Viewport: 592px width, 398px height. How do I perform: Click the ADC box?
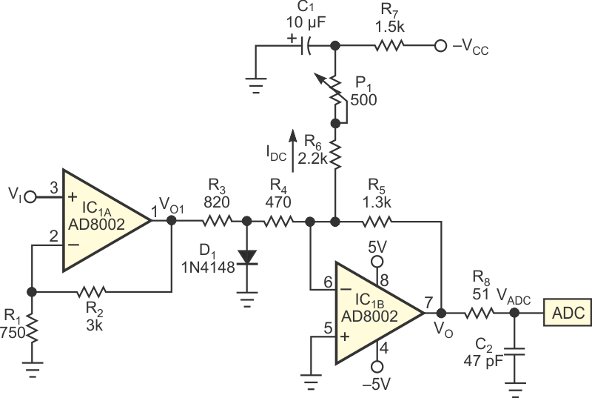click(x=567, y=314)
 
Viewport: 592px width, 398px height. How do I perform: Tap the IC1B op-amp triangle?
click(x=377, y=313)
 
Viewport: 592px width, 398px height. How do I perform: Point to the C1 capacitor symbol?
click(x=306, y=47)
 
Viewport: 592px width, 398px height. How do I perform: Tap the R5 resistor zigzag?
click(x=377, y=220)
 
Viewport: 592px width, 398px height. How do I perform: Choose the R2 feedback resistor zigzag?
click(x=100, y=291)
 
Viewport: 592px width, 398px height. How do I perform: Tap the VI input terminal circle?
click(x=30, y=196)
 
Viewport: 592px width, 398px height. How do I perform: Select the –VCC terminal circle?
click(x=440, y=47)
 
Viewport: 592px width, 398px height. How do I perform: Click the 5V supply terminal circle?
click(x=377, y=262)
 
